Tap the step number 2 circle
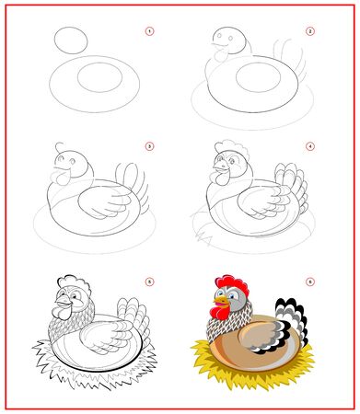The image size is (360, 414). tap(310, 32)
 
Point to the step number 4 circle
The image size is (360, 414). tap(310, 146)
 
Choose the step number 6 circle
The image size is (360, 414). tap(310, 282)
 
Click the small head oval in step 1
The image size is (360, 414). tap(72, 40)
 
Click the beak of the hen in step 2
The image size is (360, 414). tap(214, 40)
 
